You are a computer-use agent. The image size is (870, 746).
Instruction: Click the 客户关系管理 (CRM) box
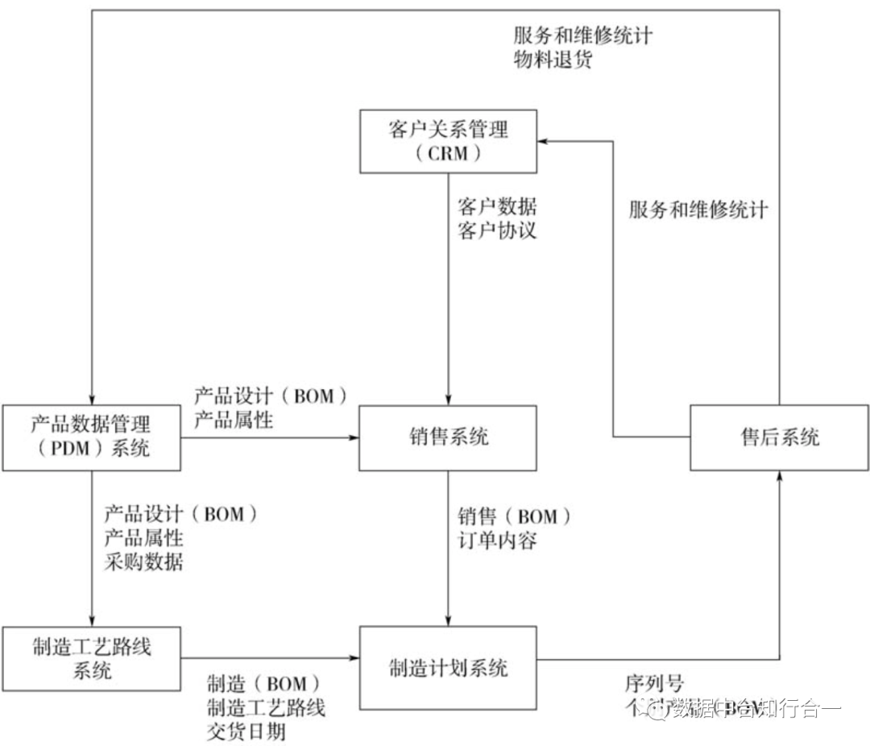pos(448,140)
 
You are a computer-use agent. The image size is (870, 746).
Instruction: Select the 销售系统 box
pos(448,437)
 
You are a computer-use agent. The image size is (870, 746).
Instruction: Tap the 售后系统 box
pos(779,437)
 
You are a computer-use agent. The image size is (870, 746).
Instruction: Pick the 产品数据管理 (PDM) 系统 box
pos(91,437)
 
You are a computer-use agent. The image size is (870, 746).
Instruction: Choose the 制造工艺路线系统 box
pos(91,658)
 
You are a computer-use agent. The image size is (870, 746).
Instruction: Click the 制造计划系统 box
pos(448,667)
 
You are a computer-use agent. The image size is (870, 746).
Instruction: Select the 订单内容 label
pos(497,540)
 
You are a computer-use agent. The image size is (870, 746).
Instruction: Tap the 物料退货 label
pos(553,60)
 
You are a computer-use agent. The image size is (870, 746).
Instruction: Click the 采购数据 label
pos(143,562)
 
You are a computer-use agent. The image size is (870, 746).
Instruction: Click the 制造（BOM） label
pos(257,684)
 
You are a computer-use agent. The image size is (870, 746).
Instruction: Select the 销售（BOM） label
pos(514,515)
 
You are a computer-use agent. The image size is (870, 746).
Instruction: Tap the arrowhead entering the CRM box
pos(543,140)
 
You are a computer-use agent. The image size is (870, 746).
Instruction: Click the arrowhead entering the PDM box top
pos(92,399)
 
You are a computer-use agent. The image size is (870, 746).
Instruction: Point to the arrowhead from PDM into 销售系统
pos(353,437)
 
